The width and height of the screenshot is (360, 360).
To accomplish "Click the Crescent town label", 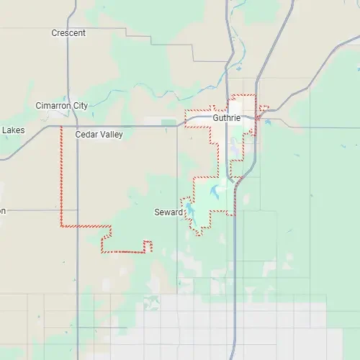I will coord(68,33).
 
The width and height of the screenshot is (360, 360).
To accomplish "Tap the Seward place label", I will coord(168,212).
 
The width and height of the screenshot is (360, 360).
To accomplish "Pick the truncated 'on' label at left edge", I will coord(3,211).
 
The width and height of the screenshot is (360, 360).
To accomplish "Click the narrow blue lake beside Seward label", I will coord(189,211).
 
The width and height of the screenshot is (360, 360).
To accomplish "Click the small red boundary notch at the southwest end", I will coord(148,246).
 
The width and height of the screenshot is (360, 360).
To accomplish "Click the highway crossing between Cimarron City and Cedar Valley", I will coord(68,126).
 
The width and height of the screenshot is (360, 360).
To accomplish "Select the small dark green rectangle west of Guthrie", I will coord(168,122).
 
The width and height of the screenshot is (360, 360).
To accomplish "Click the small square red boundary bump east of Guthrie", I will coord(264,109).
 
